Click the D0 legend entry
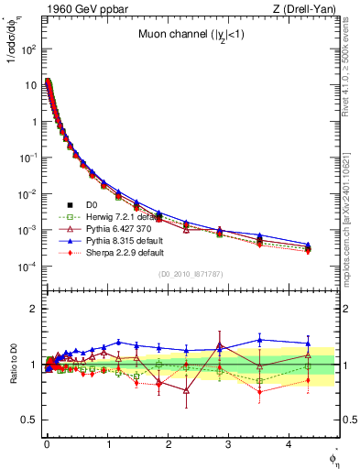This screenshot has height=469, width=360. point(92,204)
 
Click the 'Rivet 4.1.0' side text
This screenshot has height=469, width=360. point(349,55)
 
